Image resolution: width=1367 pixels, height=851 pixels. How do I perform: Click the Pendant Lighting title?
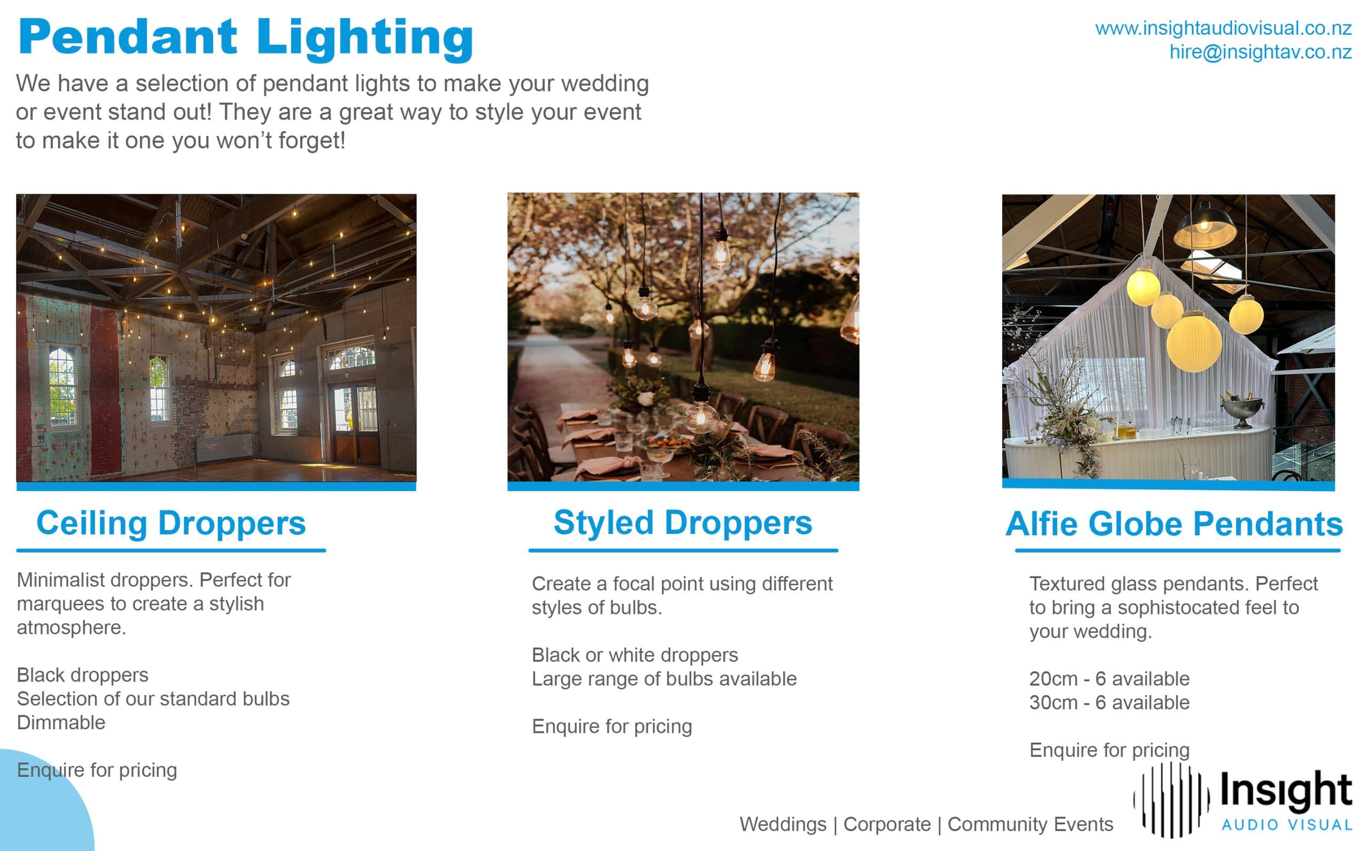(246, 38)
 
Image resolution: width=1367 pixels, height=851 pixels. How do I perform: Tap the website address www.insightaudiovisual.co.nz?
(1223, 28)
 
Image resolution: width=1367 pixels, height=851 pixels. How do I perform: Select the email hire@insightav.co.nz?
(1260, 52)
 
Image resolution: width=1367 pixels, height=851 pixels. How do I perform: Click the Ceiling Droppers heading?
(171, 523)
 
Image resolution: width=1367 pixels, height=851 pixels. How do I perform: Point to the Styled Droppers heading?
(682, 523)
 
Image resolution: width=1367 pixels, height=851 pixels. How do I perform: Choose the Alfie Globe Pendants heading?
(1174, 524)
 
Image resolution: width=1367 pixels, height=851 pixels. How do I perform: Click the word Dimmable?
(61, 723)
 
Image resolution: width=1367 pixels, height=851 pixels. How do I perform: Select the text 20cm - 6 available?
(1109, 679)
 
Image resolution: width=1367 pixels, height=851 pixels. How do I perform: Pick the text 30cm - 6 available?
(1109, 703)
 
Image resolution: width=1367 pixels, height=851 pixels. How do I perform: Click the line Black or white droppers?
(635, 655)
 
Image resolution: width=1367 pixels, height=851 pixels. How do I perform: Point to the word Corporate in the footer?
(887, 824)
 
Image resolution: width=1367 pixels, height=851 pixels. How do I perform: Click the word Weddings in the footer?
(783, 824)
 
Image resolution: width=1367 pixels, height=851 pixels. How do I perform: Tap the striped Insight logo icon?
(1171, 800)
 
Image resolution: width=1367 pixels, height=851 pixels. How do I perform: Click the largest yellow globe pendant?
(1193, 343)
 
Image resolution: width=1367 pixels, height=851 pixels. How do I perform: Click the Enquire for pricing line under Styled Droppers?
(612, 727)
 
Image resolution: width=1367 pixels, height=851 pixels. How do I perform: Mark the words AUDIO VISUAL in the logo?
(1286, 825)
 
